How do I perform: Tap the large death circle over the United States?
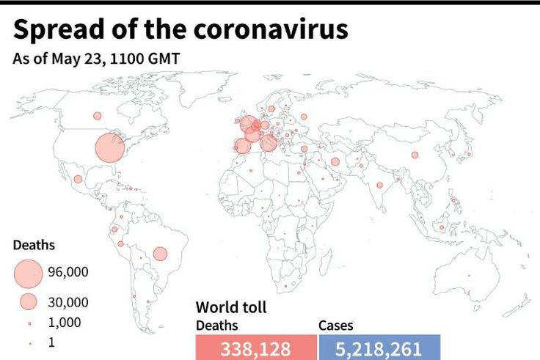pos(111,147)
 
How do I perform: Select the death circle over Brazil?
pos(160,254)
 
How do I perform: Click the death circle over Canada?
pos(97,115)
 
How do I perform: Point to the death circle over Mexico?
pos(78,179)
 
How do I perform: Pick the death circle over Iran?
pos(335,162)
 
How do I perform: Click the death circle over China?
pos(415,155)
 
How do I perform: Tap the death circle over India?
pos(379,185)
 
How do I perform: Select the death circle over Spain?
pos(242,146)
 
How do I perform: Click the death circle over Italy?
pos(269,143)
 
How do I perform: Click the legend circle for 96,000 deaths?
pos(27,273)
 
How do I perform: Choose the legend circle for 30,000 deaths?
pos(29,301)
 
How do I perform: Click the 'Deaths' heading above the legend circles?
pos(34,246)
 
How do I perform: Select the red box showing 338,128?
pos(255,348)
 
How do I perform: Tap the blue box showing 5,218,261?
pos(379,348)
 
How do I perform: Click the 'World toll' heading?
pos(231,307)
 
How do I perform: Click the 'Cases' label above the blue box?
pos(336,326)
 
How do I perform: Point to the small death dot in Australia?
pos(469,276)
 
